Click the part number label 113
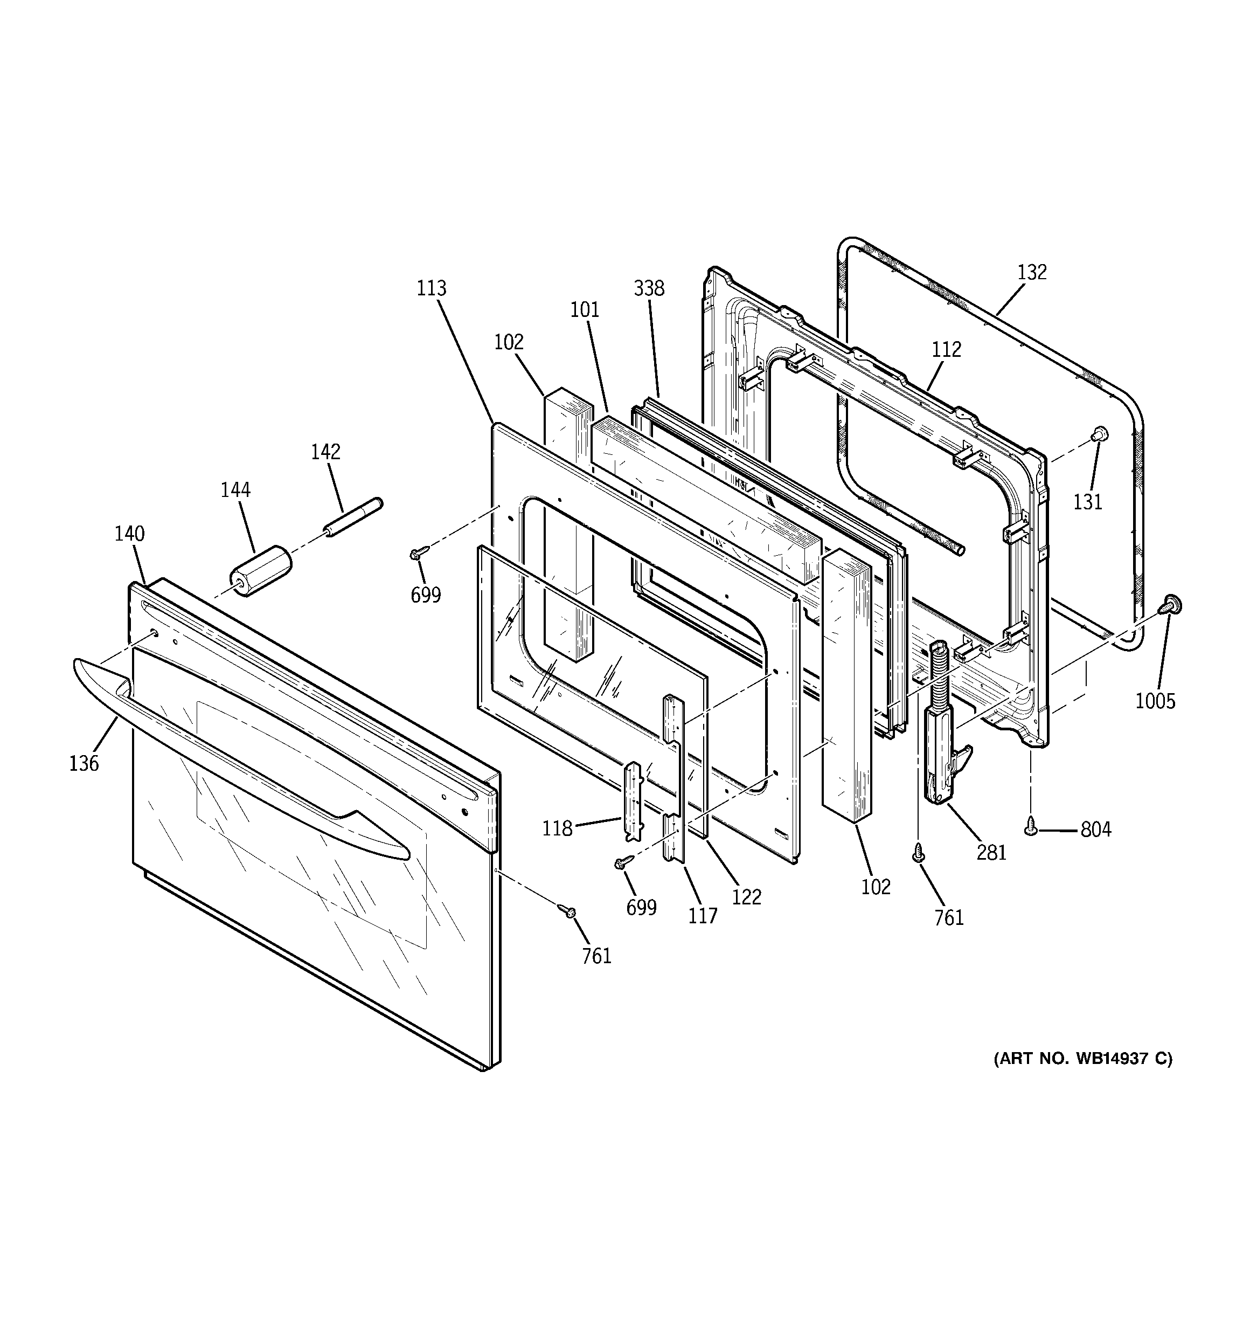(430, 288)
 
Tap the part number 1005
(1155, 701)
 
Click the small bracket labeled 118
(634, 802)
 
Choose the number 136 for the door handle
(84, 764)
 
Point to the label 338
(649, 288)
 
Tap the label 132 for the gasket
(1031, 272)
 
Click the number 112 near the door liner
(946, 350)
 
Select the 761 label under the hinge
(949, 918)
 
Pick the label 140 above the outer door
(129, 534)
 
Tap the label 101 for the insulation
(585, 310)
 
